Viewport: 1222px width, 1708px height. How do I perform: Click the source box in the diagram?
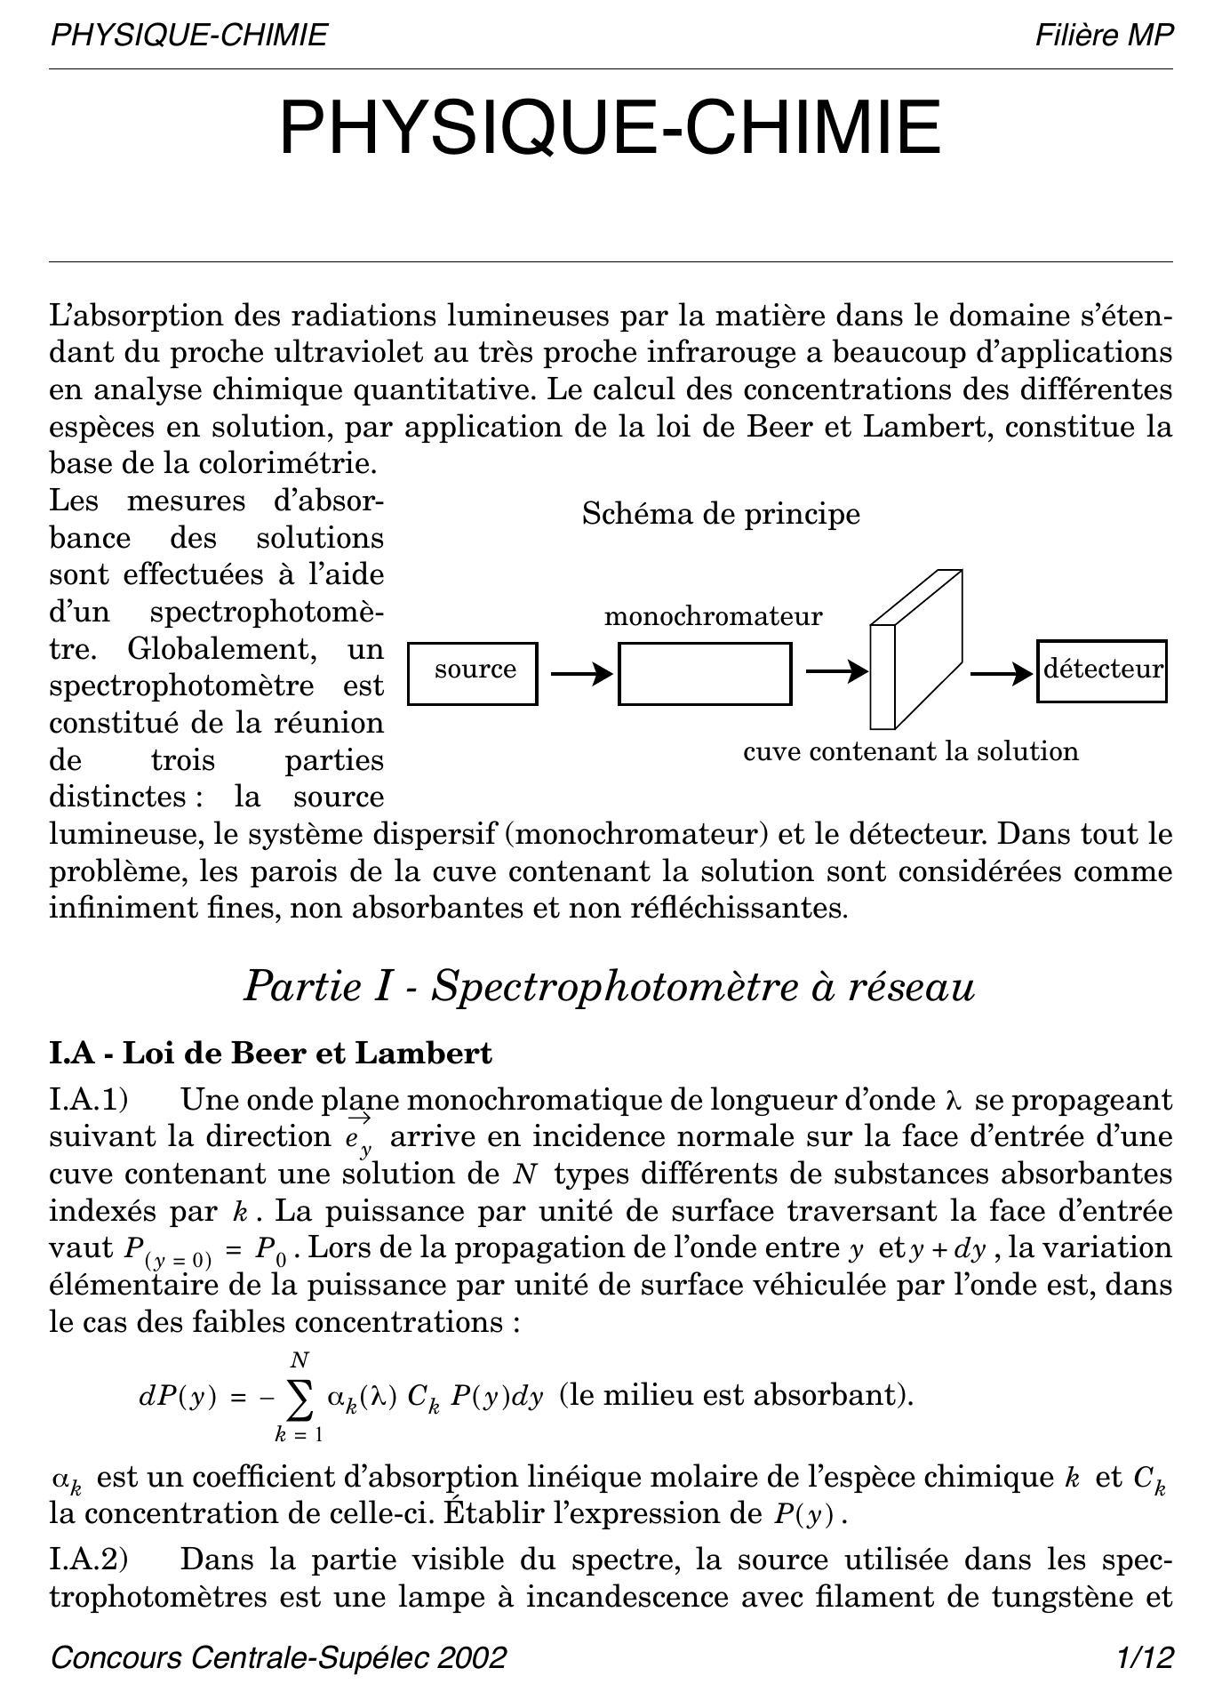click(x=473, y=673)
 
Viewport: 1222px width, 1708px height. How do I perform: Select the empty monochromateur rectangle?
click(x=705, y=673)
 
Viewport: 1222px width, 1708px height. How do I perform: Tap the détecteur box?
click(x=1101, y=670)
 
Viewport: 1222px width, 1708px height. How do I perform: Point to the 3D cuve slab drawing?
click(x=915, y=649)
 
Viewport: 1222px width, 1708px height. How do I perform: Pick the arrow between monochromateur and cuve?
click(x=835, y=671)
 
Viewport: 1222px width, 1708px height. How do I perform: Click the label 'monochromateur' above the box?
click(x=713, y=616)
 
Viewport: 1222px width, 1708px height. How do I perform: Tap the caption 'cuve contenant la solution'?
click(x=911, y=751)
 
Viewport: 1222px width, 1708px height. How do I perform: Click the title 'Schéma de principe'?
click(x=721, y=514)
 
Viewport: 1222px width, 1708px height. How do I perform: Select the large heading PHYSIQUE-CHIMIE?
click(x=611, y=127)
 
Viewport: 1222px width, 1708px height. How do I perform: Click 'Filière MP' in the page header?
click(x=1104, y=36)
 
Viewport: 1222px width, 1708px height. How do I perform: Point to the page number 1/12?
click(x=1146, y=1657)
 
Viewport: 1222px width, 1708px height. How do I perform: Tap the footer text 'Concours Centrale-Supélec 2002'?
click(x=279, y=1657)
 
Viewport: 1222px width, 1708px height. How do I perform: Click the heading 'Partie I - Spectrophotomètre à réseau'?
click(x=610, y=986)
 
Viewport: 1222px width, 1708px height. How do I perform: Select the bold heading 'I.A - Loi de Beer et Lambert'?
click(x=270, y=1054)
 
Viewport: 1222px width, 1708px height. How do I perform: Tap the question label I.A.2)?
click(x=89, y=1560)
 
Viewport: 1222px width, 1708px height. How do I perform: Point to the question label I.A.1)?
click(x=89, y=1100)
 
